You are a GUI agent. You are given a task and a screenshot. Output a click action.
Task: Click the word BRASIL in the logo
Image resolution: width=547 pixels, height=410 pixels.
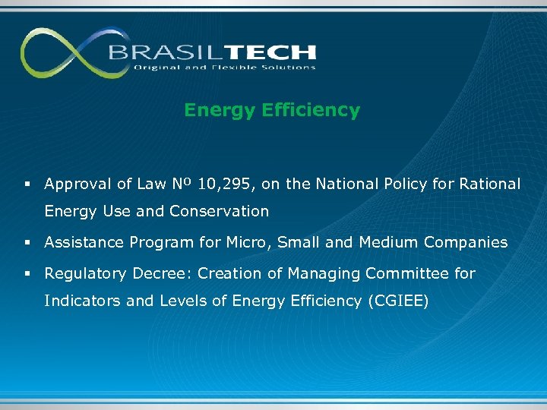(x=157, y=52)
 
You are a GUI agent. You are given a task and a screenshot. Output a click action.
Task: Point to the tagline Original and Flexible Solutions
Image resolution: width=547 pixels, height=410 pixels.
(x=224, y=68)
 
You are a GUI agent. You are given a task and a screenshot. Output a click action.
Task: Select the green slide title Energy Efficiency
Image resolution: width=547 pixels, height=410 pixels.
(x=272, y=111)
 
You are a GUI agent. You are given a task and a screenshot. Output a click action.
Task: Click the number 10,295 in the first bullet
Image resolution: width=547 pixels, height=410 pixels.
(x=224, y=184)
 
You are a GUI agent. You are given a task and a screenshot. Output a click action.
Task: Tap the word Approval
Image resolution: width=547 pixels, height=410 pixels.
(x=77, y=184)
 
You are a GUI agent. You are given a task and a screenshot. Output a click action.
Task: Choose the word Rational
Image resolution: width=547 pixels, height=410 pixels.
(x=490, y=184)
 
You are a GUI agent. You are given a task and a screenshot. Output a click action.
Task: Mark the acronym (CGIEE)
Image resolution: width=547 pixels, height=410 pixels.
(x=398, y=301)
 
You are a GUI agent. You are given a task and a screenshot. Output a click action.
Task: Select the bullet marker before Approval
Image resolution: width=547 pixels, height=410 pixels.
(x=27, y=184)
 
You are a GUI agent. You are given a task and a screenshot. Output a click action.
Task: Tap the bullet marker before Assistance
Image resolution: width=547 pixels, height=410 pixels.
(x=27, y=243)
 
